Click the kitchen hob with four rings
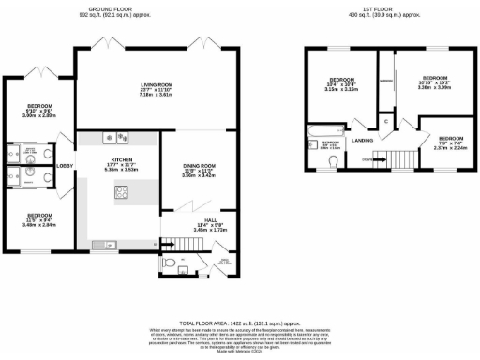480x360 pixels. [122, 193]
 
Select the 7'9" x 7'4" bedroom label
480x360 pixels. [442, 142]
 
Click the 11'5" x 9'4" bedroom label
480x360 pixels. [37, 220]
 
